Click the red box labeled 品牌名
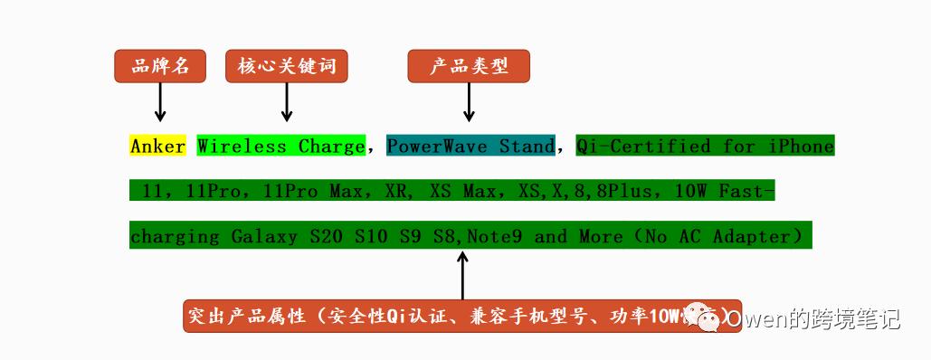[160, 66]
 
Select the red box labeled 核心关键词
[286, 66]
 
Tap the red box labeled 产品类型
[468, 66]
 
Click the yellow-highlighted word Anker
[157, 146]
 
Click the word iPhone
[801, 146]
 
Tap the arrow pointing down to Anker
[160, 102]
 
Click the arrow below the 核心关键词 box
[286, 102]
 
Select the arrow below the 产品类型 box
[468, 102]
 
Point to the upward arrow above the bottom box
[462, 274]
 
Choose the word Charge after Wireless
[331, 146]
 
